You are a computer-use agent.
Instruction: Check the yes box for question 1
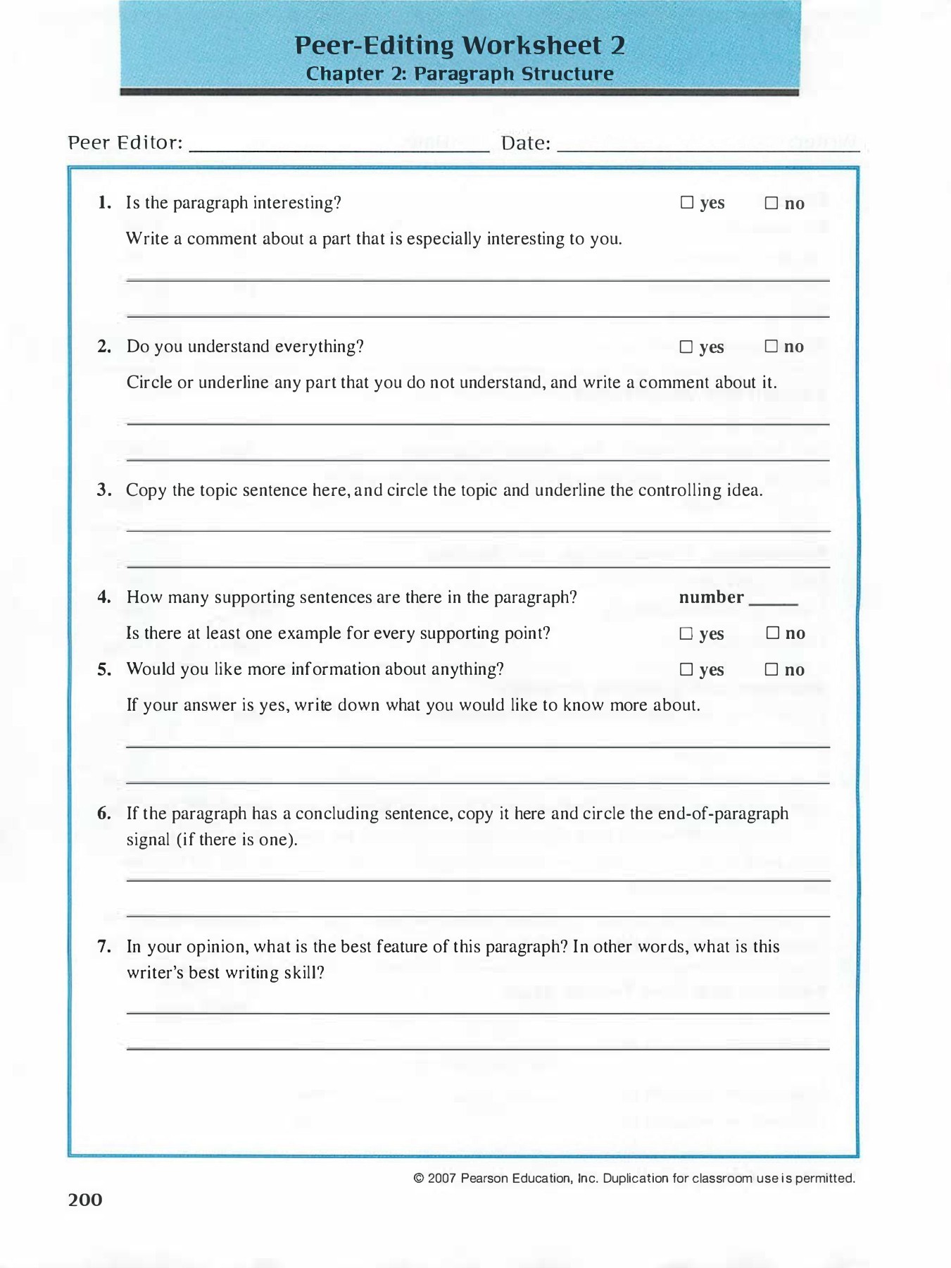tap(687, 203)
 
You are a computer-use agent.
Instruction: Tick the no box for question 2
tap(771, 347)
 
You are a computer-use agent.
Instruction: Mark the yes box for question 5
tap(686, 670)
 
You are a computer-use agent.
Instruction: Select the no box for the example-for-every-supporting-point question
tap(773, 633)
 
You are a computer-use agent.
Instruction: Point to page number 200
tap(85, 1200)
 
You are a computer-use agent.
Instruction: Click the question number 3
tap(104, 490)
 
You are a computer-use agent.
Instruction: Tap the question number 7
tap(104, 947)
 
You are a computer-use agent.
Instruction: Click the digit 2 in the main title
tap(617, 46)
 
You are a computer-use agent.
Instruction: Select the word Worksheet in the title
tap(532, 46)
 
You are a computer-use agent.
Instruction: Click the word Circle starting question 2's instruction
tap(149, 383)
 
